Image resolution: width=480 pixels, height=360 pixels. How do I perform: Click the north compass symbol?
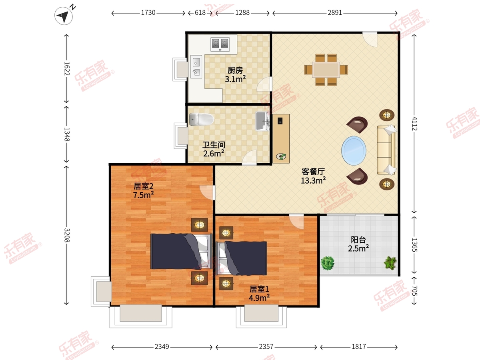64,16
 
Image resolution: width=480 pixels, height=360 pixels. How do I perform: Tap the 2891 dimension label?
335,13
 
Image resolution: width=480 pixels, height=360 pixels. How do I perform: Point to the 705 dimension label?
414,291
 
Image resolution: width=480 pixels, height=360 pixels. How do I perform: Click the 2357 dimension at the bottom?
266,347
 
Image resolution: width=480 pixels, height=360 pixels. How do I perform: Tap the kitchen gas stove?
220,44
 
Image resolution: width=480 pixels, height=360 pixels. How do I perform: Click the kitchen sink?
196,67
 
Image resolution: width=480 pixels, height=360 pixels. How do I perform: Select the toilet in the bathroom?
201,119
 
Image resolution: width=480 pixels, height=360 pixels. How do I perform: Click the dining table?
326,70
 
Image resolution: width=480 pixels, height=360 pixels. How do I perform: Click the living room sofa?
386,150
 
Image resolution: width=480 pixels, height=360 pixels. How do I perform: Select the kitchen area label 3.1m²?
235,79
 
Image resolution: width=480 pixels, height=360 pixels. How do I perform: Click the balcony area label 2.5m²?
358,248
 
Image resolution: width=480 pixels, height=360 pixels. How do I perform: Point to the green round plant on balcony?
327,263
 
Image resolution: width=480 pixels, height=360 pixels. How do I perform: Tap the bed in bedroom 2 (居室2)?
181,251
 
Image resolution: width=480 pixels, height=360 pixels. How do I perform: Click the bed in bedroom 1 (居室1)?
241,258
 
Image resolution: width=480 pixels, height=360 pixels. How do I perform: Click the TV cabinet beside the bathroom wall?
281,138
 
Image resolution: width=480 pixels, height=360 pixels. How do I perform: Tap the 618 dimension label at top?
200,13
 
